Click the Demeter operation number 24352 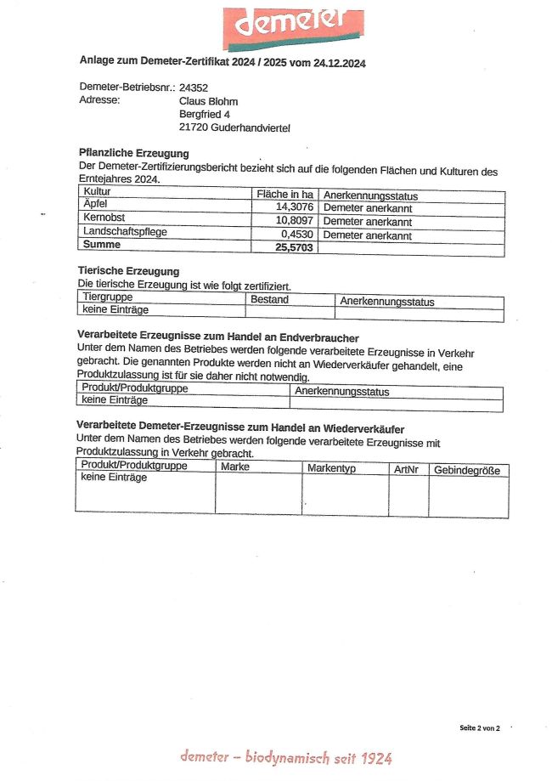(194, 87)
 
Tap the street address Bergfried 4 (205, 114)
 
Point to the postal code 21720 (194, 127)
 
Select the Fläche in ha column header (285, 195)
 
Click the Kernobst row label (104, 218)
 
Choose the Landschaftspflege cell (124, 231)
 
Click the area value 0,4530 (297, 235)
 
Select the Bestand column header (269, 299)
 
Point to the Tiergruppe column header (108, 297)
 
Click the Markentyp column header (331, 468)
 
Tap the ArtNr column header (407, 469)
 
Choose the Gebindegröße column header (467, 470)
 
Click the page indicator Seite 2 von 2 (481, 728)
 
